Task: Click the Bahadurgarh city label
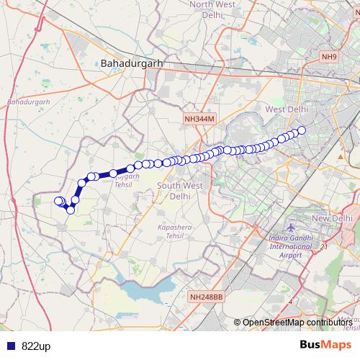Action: pyautogui.click(x=132, y=63)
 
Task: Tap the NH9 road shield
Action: pyautogui.click(x=329, y=57)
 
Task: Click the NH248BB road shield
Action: pyautogui.click(x=207, y=296)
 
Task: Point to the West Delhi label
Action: pyautogui.click(x=287, y=109)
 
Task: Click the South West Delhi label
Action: pyautogui.click(x=174, y=190)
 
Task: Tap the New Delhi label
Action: pyautogui.click(x=332, y=218)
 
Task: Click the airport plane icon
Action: pyautogui.click(x=290, y=228)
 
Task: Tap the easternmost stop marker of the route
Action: pyautogui.click(x=302, y=130)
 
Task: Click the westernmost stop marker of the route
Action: pyautogui.click(x=59, y=201)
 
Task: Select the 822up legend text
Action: pyautogui.click(x=36, y=346)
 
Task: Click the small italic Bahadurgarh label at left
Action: pyautogui.click(x=27, y=102)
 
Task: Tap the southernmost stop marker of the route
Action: pyautogui.click(x=71, y=210)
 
